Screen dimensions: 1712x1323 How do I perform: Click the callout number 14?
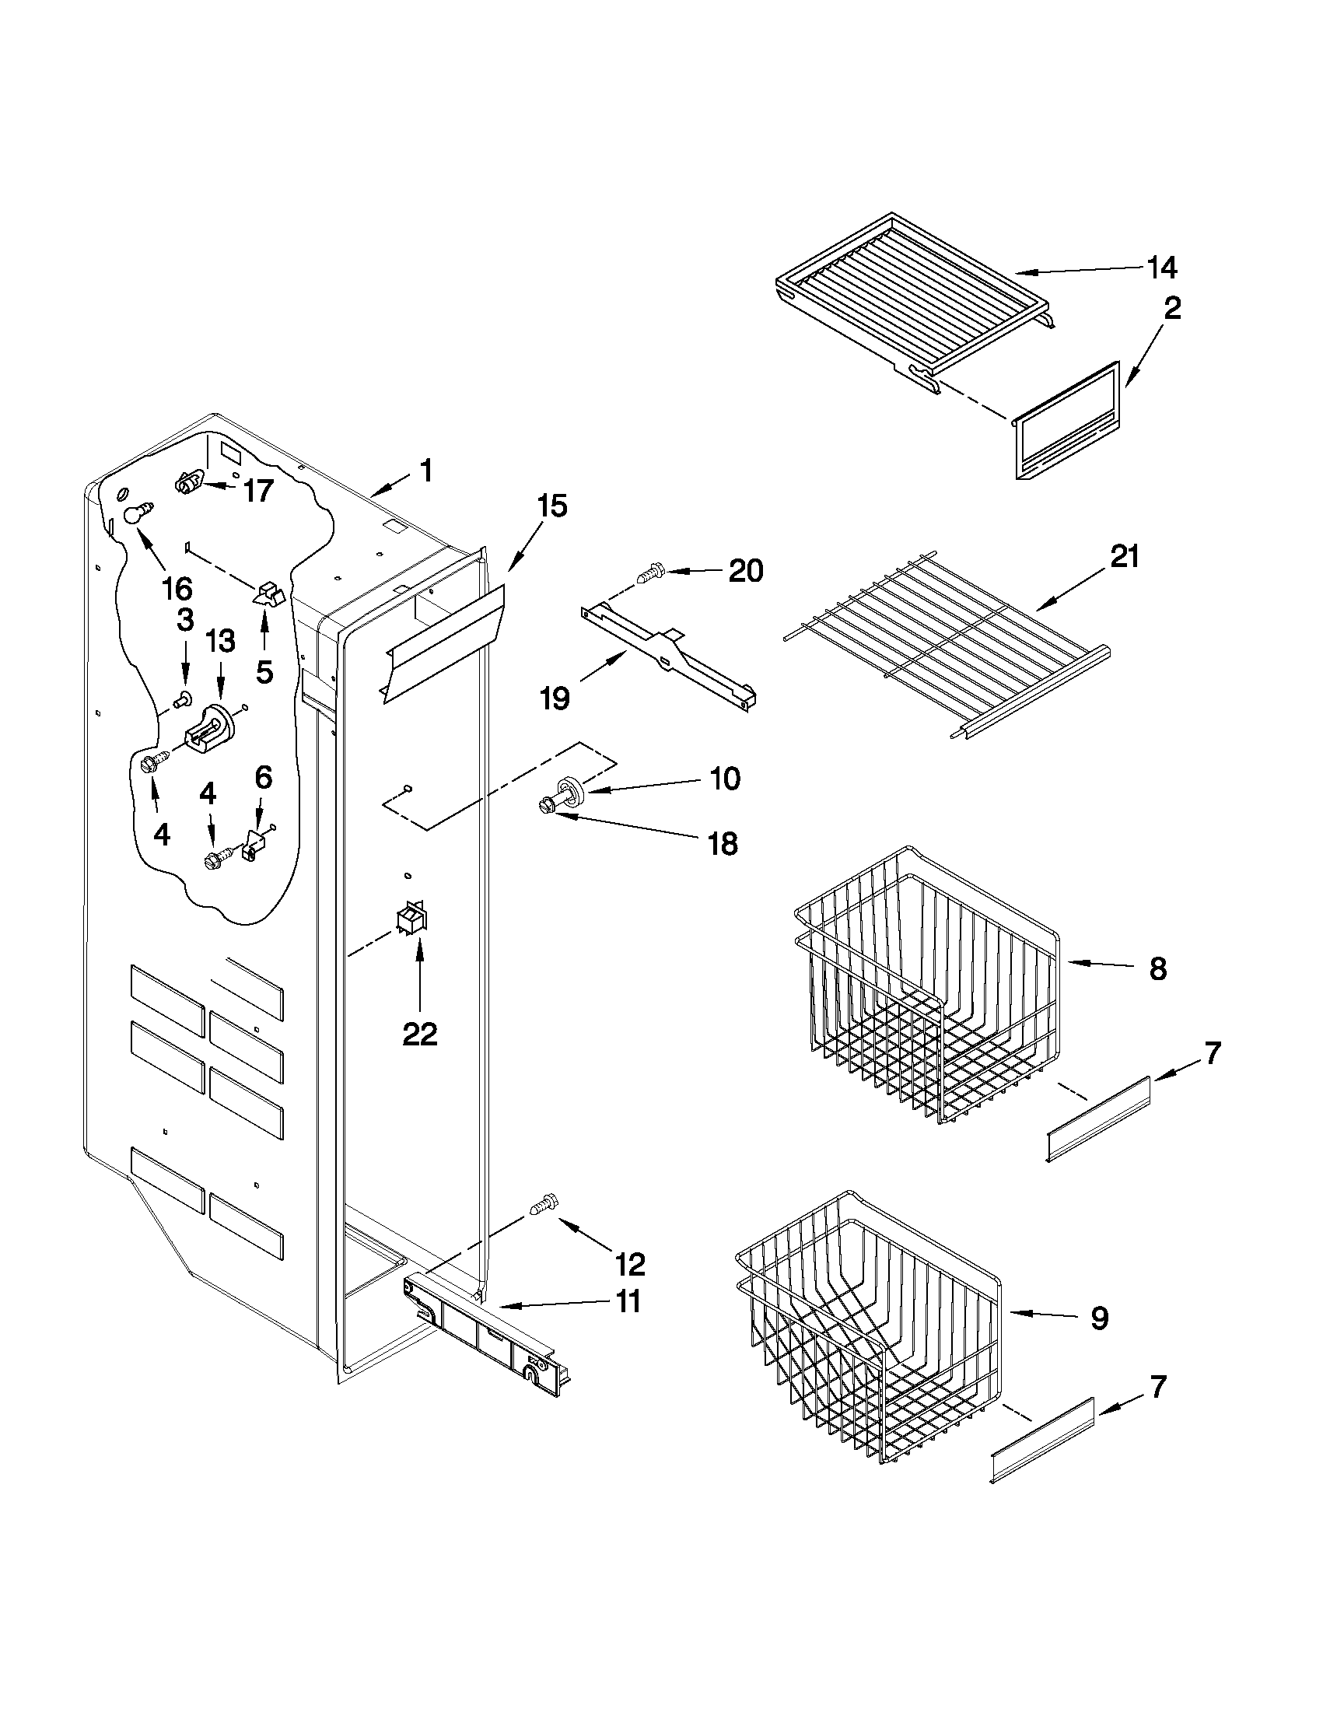[1162, 268]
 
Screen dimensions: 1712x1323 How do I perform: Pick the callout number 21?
[1125, 557]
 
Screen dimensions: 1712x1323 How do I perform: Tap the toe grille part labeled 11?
[486, 1329]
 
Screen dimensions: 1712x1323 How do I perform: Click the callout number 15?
[551, 506]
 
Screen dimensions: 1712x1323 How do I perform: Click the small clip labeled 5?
[267, 594]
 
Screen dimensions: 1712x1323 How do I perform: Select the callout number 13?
[220, 641]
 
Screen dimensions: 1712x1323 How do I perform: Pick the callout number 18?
[722, 844]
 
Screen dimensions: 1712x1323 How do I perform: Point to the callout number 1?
[425, 471]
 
